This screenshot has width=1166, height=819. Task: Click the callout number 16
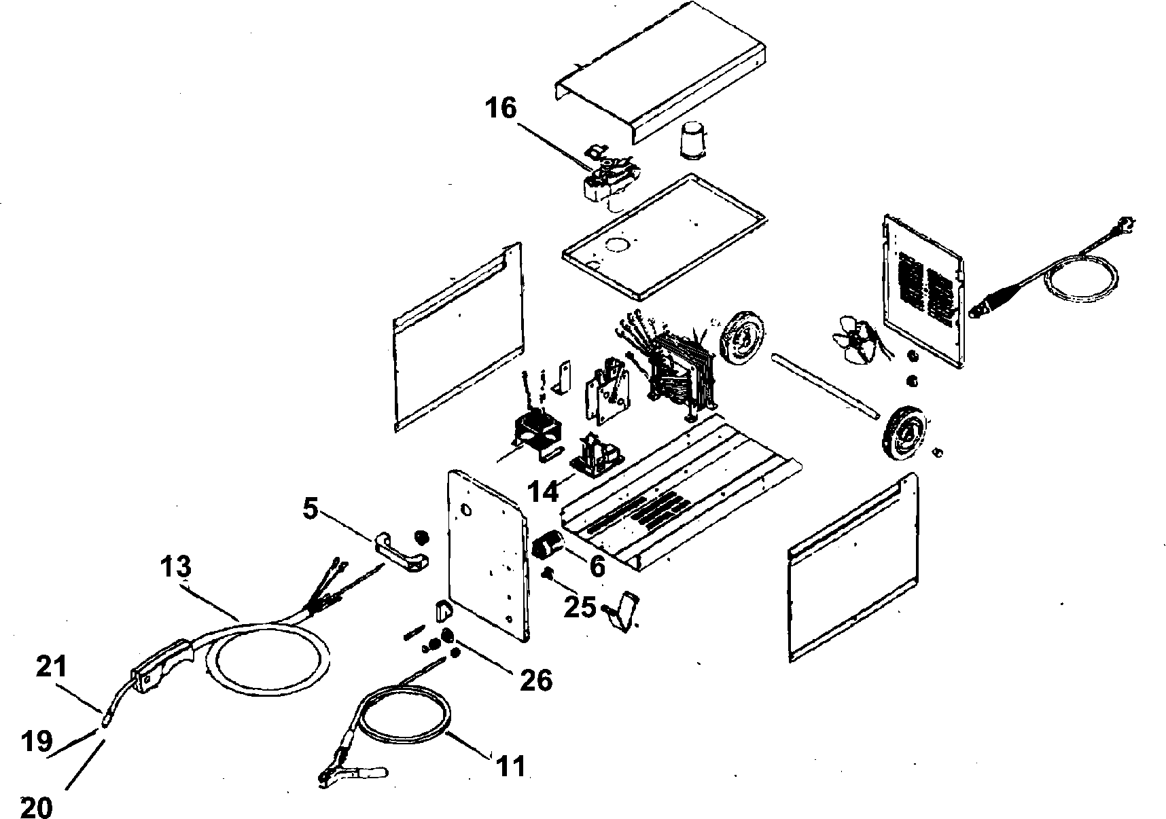point(502,108)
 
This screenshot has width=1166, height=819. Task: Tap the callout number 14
point(544,490)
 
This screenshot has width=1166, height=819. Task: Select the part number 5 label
point(310,509)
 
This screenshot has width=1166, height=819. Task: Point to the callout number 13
point(176,567)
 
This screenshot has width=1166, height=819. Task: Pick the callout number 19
point(36,741)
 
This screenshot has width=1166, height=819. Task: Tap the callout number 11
point(510,766)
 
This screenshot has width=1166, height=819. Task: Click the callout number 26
point(535,678)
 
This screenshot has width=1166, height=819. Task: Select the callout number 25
point(580,606)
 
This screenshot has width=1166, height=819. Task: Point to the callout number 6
point(597,565)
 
